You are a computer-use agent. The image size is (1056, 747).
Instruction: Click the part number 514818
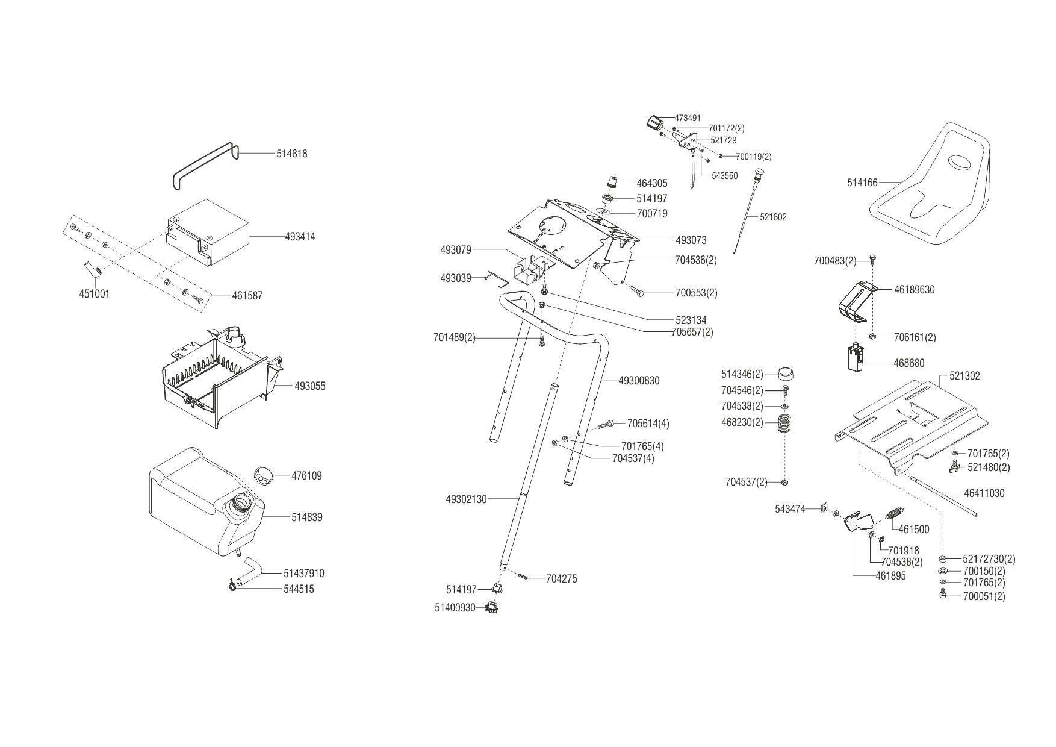[x=291, y=154]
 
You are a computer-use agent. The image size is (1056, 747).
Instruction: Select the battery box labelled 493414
[x=208, y=232]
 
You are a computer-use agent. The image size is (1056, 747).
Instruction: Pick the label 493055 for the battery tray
[x=310, y=386]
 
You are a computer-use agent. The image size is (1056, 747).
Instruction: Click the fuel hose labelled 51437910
[x=250, y=571]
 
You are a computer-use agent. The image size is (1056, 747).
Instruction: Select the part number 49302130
[x=466, y=499]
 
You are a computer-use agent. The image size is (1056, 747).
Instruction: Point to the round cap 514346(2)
[x=785, y=374]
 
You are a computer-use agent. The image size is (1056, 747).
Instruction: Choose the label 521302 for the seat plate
[x=964, y=376]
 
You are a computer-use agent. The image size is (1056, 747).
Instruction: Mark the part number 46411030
[x=984, y=493]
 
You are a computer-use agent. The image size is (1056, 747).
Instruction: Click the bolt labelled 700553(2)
[x=638, y=292]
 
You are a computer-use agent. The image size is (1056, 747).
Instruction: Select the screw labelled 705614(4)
[x=606, y=425]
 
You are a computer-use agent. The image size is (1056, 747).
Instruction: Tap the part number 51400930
[x=455, y=608]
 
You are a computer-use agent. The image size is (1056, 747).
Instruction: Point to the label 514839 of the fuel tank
[x=307, y=517]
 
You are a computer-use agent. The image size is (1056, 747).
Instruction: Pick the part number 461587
[x=247, y=296]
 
